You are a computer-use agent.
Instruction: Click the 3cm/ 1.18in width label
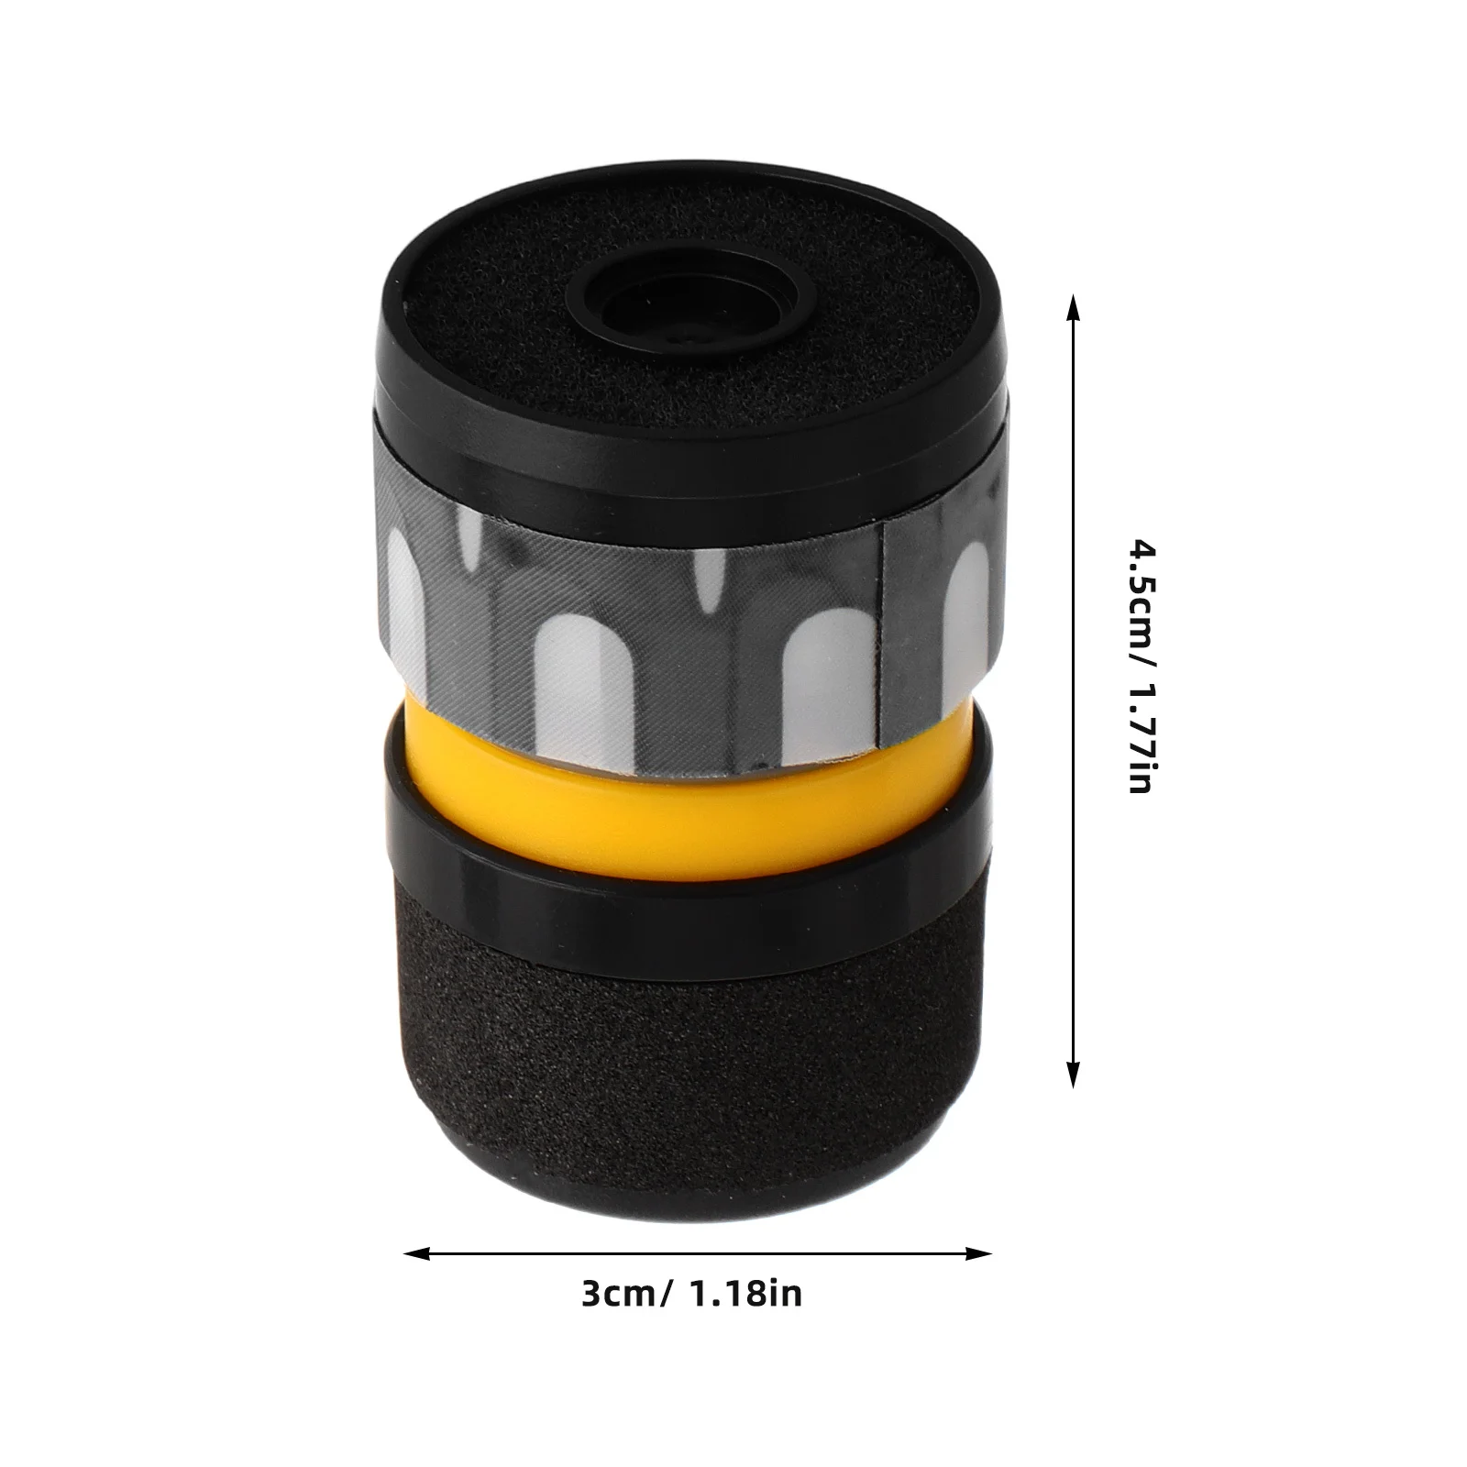click(x=691, y=1294)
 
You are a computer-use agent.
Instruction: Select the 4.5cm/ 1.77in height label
click(x=1142, y=667)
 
